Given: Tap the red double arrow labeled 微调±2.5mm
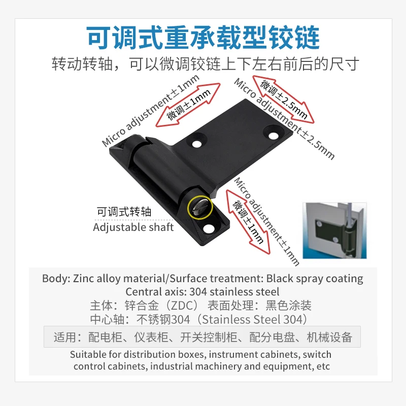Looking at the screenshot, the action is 283,99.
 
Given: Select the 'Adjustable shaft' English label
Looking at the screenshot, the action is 133,227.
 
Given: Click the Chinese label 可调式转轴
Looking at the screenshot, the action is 124,212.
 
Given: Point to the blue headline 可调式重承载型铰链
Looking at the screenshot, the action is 203,37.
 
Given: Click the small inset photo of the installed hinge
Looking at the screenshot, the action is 334,230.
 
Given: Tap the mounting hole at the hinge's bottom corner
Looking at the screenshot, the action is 209,228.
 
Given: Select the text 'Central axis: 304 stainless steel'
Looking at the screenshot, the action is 202,292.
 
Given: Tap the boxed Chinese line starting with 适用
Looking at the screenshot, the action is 202,337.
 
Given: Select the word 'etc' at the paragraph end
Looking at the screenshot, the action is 323,366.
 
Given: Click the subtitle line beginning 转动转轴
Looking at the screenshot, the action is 206,64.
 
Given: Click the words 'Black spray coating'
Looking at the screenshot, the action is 315,279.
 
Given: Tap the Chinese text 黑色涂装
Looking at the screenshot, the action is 288,306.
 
